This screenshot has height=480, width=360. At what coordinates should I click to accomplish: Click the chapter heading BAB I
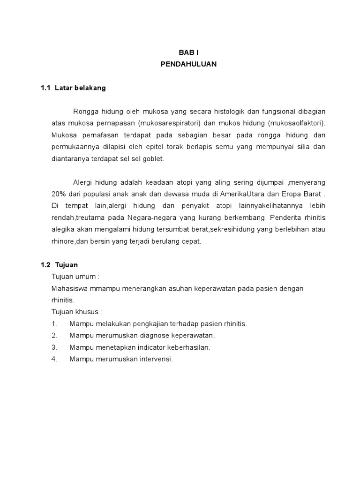[189, 52]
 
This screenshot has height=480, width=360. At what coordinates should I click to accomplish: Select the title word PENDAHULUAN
[189, 64]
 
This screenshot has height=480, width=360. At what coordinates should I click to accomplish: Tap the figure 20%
[59, 194]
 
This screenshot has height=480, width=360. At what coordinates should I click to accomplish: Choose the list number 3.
[54, 347]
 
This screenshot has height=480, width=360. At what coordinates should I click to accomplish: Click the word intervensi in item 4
[155, 359]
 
